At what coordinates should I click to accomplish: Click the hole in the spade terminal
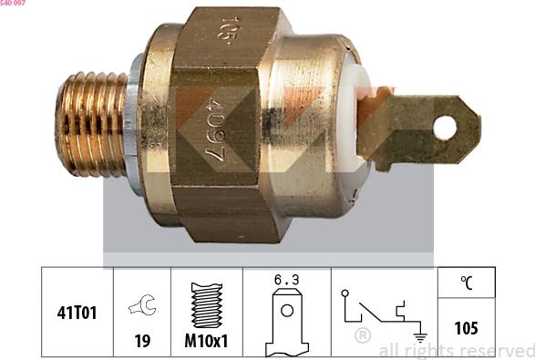(444, 127)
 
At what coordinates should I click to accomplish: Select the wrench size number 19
(142, 342)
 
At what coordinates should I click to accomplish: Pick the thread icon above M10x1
(207, 305)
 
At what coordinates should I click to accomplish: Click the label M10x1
(207, 342)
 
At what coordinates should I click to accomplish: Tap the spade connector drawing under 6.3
(287, 319)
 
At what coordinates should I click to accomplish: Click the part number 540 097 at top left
(14, 4)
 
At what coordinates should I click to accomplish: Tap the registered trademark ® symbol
(363, 336)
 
